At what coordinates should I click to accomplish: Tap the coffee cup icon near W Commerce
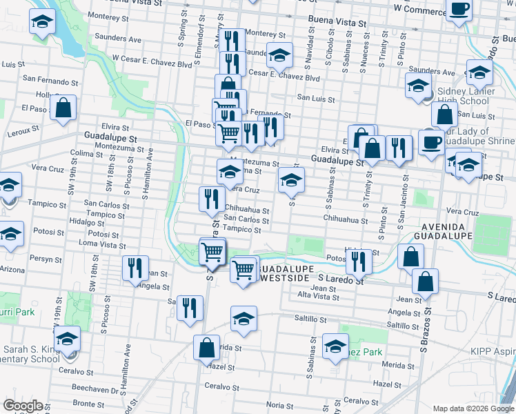(x=459, y=10)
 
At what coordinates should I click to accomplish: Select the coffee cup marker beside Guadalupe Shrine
(x=432, y=142)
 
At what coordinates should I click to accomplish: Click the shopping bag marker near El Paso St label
(x=63, y=108)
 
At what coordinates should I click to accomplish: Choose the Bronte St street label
(x=88, y=403)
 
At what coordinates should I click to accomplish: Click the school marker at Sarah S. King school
(x=68, y=339)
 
